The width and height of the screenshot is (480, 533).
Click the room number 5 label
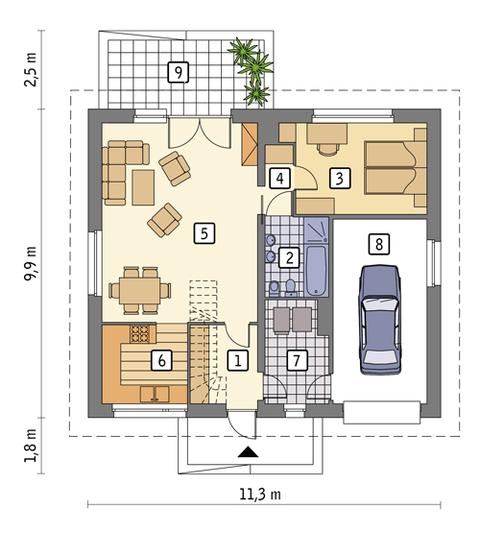pyautogui.click(x=204, y=233)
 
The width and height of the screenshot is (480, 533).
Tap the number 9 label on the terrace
pyautogui.click(x=179, y=72)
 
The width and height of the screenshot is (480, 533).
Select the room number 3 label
pyautogui.click(x=340, y=178)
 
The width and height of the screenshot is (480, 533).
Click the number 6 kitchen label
pyautogui.click(x=161, y=360)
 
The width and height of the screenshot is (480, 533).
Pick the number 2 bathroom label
pyautogui.click(x=289, y=257)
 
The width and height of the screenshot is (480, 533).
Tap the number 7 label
pyautogui.click(x=297, y=360)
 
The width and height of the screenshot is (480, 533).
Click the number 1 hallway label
pyautogui.click(x=238, y=360)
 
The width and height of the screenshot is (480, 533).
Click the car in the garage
pyautogui.click(x=379, y=320)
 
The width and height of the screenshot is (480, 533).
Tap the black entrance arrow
pyautogui.click(x=248, y=451)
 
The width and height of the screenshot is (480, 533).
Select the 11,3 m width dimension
pyautogui.click(x=260, y=494)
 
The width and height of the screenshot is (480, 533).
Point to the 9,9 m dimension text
pyautogui.click(x=30, y=263)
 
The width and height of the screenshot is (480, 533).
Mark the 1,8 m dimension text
pyautogui.click(x=30, y=446)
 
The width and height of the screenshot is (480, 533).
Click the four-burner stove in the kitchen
pyautogui.click(x=139, y=333)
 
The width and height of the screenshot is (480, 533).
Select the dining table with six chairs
pyautogui.click(x=139, y=291)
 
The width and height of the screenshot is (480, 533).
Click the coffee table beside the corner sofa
pyautogui.click(x=143, y=187)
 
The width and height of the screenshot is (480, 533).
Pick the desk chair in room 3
pyautogui.click(x=327, y=149)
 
